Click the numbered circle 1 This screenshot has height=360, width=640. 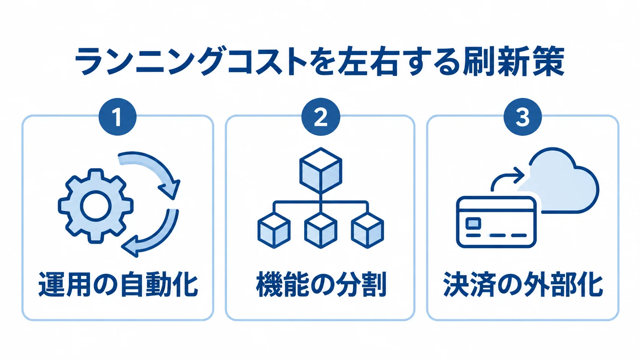118,116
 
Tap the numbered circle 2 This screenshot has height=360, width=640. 320,116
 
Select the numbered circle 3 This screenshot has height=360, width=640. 522,116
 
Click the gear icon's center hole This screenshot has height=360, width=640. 95,206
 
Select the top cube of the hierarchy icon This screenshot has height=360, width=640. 321,171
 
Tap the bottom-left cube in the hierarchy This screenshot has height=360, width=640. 274,230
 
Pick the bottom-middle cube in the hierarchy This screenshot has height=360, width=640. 320,230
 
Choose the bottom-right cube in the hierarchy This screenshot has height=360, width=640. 367,230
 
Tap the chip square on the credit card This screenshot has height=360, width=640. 473,223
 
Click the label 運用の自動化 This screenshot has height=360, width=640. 118,285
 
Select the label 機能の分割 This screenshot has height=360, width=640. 321,285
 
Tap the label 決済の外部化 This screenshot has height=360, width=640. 523,285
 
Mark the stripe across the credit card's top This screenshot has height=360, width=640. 496,210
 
